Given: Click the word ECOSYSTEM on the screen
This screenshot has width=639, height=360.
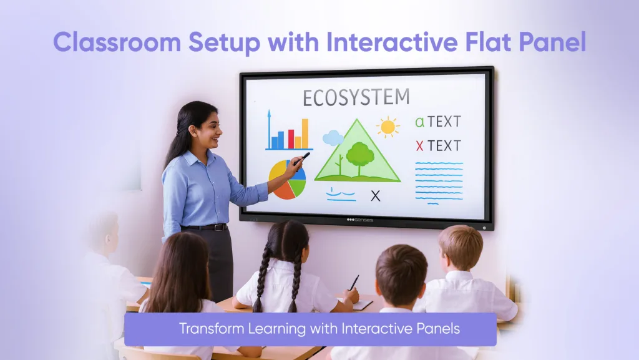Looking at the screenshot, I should point(356,98).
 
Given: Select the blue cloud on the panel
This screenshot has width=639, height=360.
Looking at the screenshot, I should point(333,137).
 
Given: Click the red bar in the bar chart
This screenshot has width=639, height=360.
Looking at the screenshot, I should point(290,139).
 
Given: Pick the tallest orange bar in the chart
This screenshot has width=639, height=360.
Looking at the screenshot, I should point(305,133).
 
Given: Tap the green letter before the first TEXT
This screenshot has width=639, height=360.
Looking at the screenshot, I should point(419,122).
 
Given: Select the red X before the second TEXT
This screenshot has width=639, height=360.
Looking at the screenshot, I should point(419,146).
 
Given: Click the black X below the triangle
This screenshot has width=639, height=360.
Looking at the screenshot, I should point(375,196).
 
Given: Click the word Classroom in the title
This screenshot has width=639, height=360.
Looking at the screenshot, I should point(113,42).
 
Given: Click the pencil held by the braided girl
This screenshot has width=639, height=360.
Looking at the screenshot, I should point(354,282).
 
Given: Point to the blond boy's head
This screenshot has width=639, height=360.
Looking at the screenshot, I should point(460,246).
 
